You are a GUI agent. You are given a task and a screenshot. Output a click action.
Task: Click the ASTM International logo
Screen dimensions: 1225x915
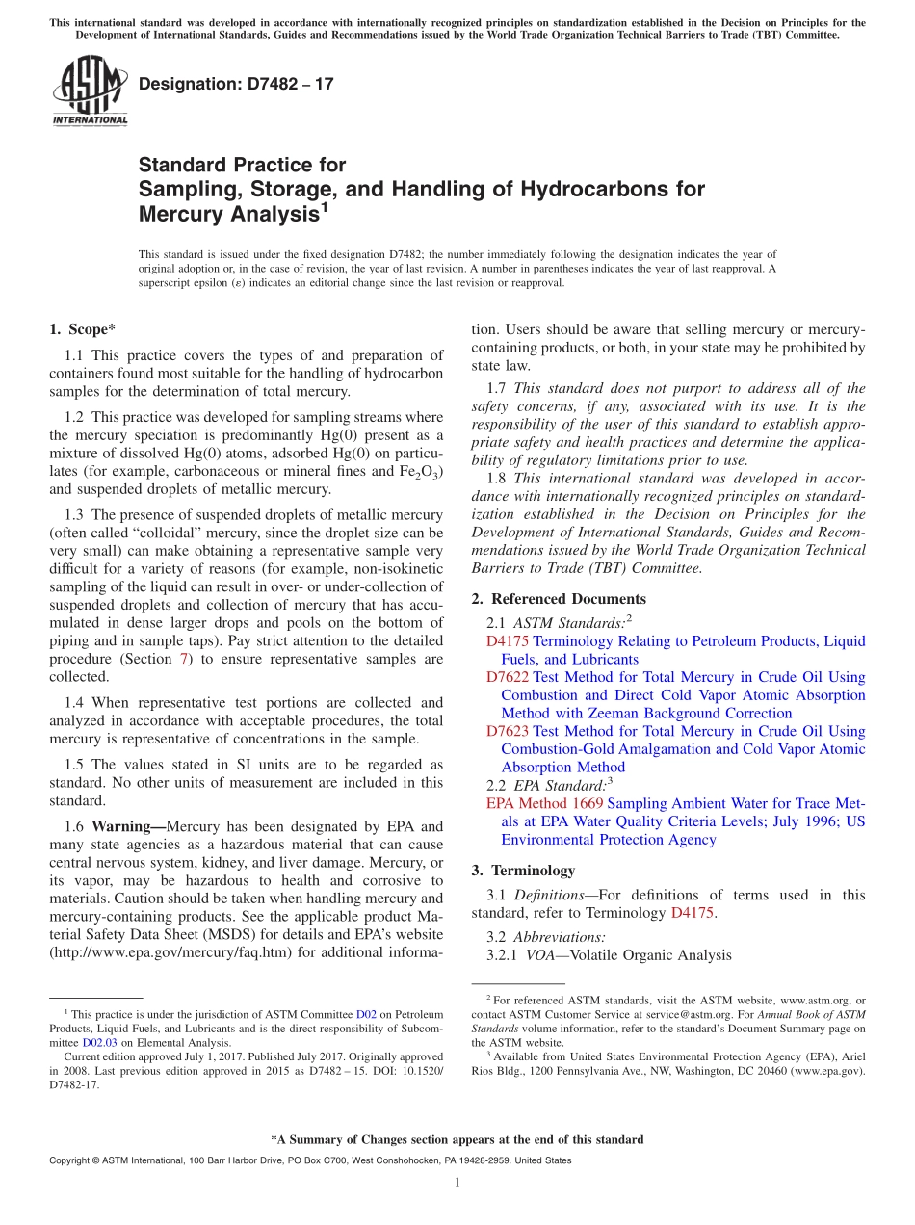tap(90, 91)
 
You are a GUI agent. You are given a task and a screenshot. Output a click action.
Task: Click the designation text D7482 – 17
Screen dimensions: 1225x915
tap(236, 84)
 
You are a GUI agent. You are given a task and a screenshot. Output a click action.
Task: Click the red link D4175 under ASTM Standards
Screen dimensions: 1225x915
tap(508, 641)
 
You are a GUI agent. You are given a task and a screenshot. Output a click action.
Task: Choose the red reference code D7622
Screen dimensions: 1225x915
tap(508, 677)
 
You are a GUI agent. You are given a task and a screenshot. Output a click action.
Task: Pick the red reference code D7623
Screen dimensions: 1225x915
tap(508, 732)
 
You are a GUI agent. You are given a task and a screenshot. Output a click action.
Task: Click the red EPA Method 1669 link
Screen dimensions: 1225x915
tap(544, 803)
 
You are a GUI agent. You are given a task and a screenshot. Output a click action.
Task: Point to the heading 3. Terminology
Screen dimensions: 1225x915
tap(523, 871)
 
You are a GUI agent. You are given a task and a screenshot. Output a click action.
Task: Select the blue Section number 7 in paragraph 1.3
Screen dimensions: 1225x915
tap(183, 659)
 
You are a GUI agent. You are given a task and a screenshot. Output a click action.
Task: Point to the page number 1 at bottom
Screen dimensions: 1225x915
tap(457, 1184)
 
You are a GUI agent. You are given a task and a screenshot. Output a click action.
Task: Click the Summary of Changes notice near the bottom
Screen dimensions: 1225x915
tap(457, 1139)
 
